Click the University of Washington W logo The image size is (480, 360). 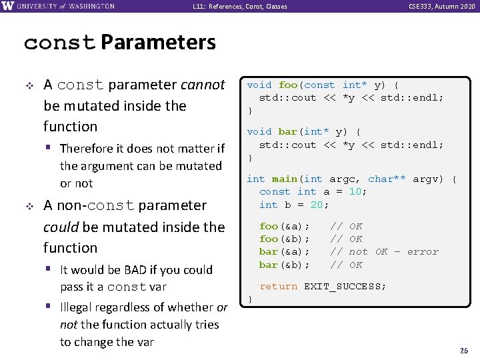7,6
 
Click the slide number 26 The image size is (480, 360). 464,351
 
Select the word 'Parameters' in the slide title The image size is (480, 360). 159,43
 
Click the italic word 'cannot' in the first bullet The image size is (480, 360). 203,85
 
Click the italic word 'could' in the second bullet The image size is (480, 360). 61,227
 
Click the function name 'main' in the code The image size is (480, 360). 285,179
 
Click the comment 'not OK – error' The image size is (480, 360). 394,252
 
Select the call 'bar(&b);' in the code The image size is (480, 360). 285,265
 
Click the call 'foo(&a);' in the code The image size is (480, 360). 285,227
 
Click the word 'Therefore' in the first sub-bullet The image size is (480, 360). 87,149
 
